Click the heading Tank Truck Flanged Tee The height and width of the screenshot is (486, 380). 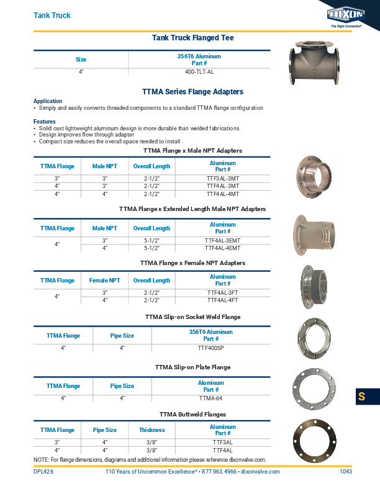[192, 38]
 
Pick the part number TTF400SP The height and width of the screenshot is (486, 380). [210, 349]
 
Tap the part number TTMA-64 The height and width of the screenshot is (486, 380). [210, 397]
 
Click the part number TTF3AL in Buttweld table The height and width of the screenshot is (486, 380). [222, 442]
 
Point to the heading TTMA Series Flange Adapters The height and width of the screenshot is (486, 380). [192, 91]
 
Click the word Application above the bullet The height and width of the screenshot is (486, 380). [48, 101]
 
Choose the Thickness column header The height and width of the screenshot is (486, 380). [152, 430]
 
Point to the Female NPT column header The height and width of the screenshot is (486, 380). [105, 281]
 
